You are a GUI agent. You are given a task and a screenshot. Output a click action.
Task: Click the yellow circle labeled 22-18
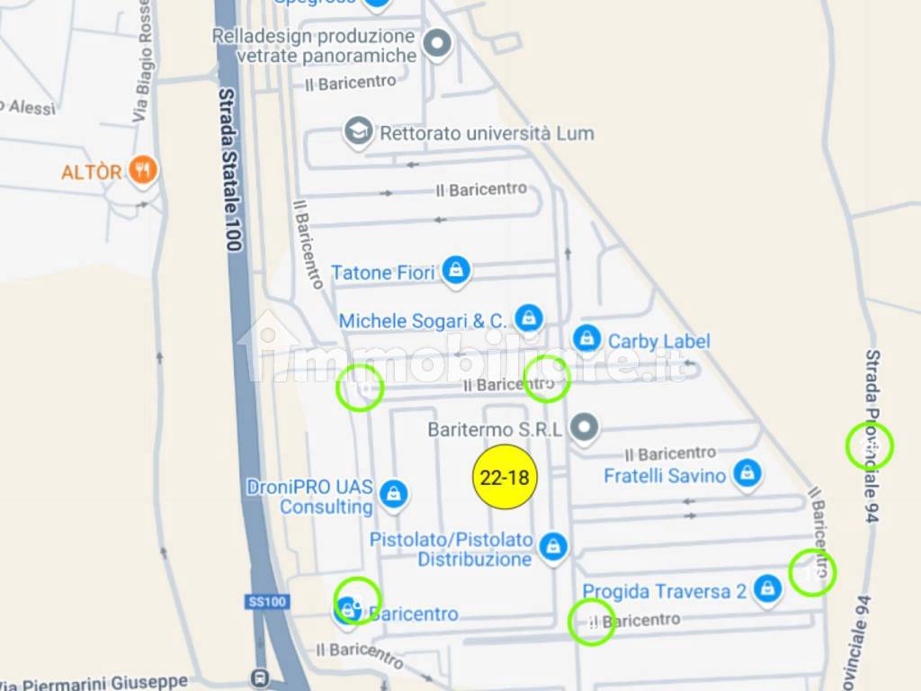pyautogui.click(x=505, y=477)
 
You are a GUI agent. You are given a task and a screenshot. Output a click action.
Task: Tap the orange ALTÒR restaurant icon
pyautogui.click(x=142, y=169)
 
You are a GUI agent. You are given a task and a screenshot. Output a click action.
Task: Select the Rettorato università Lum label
pyautogui.click(x=487, y=133)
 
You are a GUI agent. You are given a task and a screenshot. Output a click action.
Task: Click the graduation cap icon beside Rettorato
pyautogui.click(x=359, y=131)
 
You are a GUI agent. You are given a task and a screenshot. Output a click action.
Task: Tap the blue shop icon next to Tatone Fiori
pyautogui.click(x=457, y=269)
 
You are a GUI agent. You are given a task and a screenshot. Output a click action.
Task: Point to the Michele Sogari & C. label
pyautogui.click(x=423, y=320)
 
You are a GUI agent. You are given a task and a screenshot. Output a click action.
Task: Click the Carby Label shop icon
pyautogui.click(x=587, y=339)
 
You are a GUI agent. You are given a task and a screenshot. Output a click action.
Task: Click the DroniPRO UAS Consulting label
pyautogui.click(x=309, y=497)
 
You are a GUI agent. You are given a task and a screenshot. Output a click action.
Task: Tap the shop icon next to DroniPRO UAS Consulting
pyautogui.click(x=393, y=492)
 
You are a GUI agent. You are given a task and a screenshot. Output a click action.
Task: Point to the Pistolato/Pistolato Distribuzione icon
pyautogui.click(x=553, y=546)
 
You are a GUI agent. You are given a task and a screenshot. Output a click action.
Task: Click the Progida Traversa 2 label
pyautogui.click(x=665, y=591)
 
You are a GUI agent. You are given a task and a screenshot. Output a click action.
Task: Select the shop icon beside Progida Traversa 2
pyautogui.click(x=767, y=589)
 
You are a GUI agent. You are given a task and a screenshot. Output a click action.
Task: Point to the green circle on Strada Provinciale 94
pyautogui.click(x=870, y=446)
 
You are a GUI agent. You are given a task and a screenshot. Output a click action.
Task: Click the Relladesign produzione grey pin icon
pyautogui.click(x=437, y=42)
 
